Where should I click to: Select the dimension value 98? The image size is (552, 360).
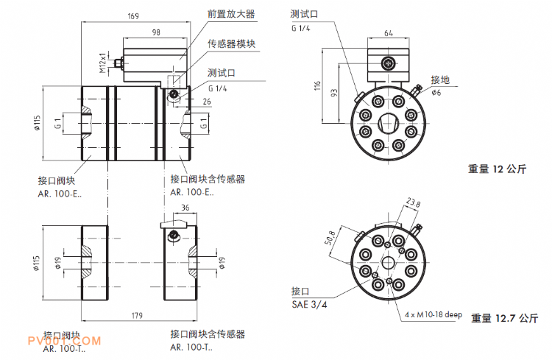pyautogui.click(x=156, y=32)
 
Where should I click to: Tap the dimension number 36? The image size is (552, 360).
pyautogui.click(x=185, y=208)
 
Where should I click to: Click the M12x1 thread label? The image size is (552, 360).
pyautogui.click(x=103, y=60)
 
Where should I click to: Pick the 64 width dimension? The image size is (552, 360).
pyautogui.click(x=388, y=32)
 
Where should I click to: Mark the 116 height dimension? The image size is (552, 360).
pyautogui.click(x=318, y=86)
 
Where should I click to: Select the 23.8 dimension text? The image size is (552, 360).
pyautogui.click(x=413, y=204)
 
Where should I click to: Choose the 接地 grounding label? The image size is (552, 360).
pyautogui.click(x=440, y=79)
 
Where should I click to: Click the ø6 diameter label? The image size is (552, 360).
pyautogui.click(x=436, y=93)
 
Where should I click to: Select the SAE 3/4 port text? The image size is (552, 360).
pyautogui.click(x=308, y=304)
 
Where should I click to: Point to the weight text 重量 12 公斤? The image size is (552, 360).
pyautogui.click(x=498, y=169)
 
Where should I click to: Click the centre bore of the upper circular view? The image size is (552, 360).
pyautogui.click(x=388, y=120)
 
